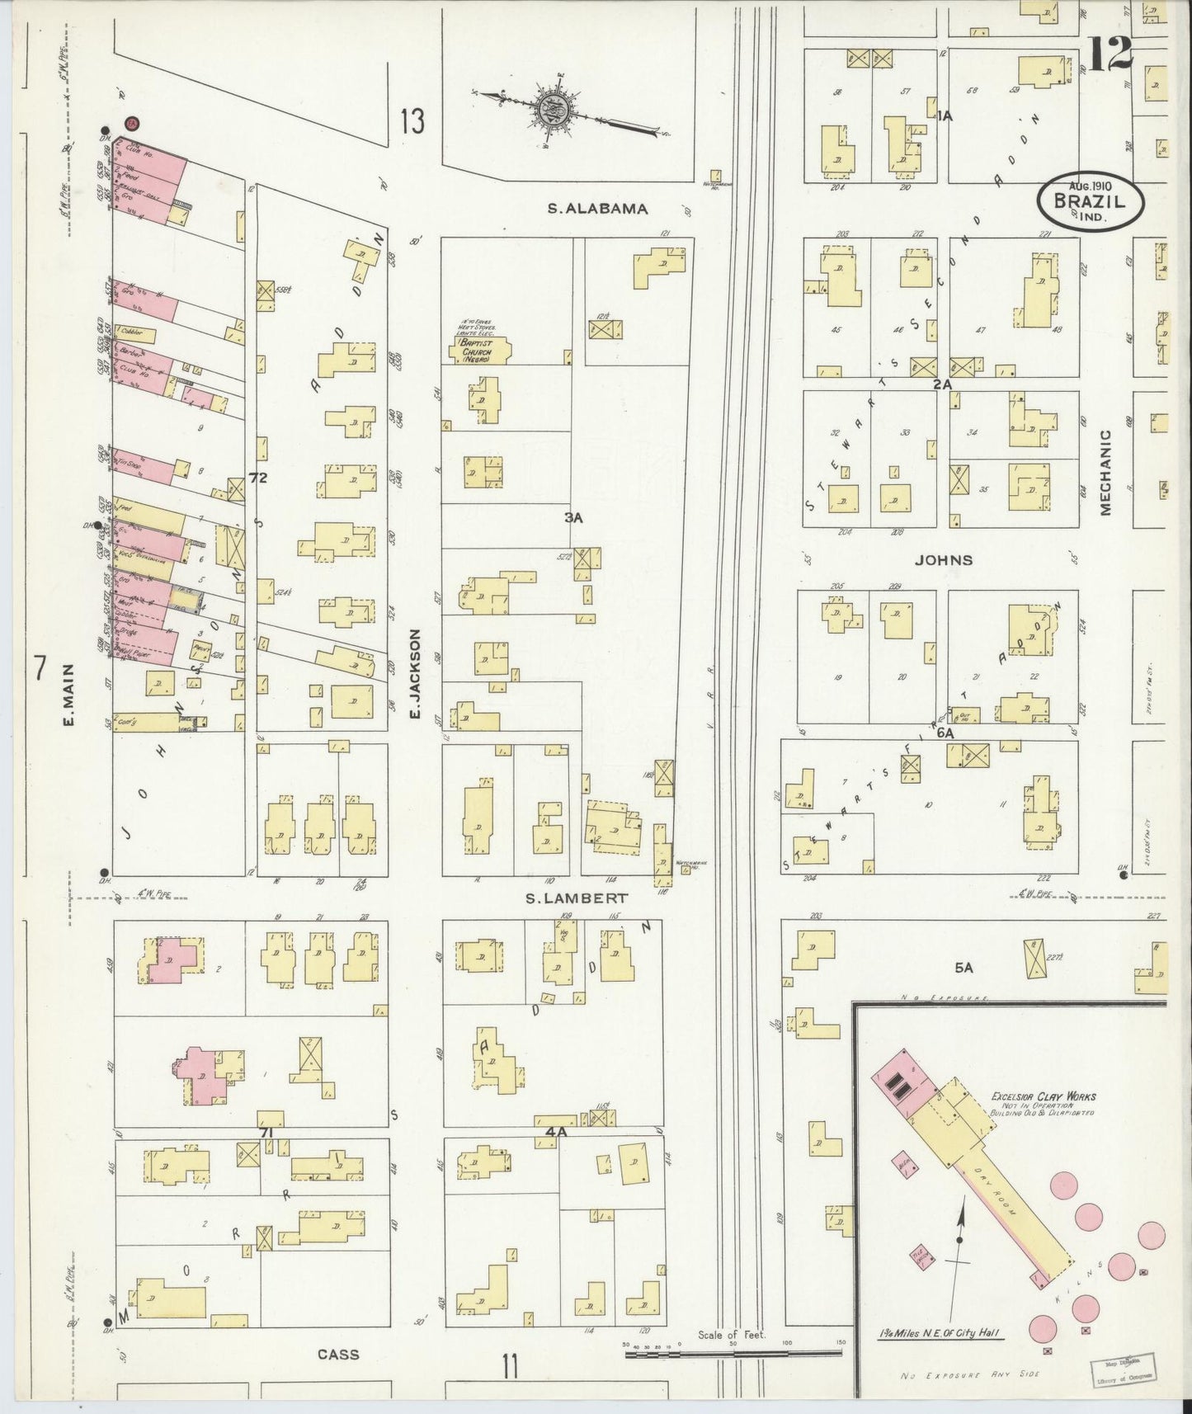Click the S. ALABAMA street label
click(x=597, y=210)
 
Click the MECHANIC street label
click(x=1105, y=472)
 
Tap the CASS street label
click(x=338, y=1354)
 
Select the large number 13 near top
click(x=412, y=121)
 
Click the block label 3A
click(x=574, y=518)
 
